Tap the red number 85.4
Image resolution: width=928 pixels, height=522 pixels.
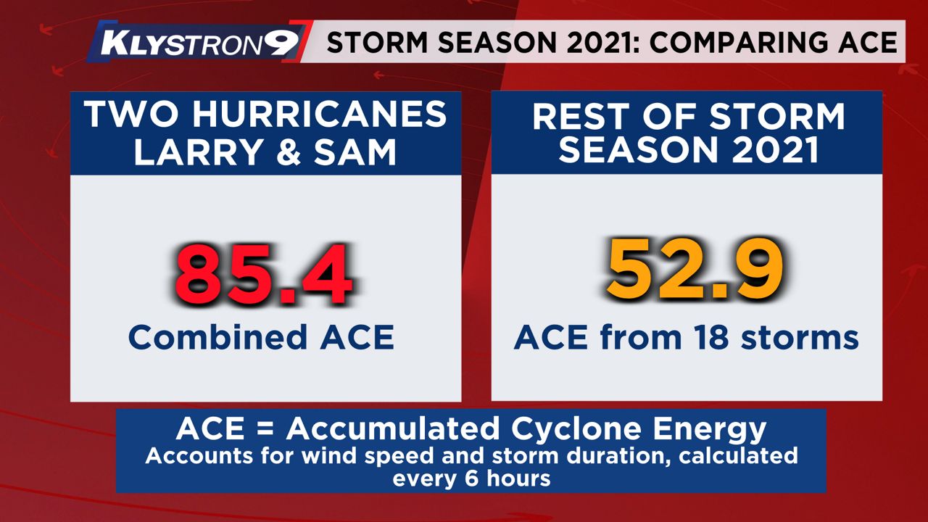click(263, 275)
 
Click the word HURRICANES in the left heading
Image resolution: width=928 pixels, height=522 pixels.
click(320, 115)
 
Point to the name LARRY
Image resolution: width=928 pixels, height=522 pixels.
click(198, 152)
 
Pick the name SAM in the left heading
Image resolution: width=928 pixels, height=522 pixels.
click(355, 152)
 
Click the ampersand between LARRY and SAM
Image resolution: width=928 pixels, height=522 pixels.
click(289, 152)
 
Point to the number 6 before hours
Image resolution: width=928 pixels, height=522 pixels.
click(472, 479)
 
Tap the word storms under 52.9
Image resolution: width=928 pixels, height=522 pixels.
click(800, 338)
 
